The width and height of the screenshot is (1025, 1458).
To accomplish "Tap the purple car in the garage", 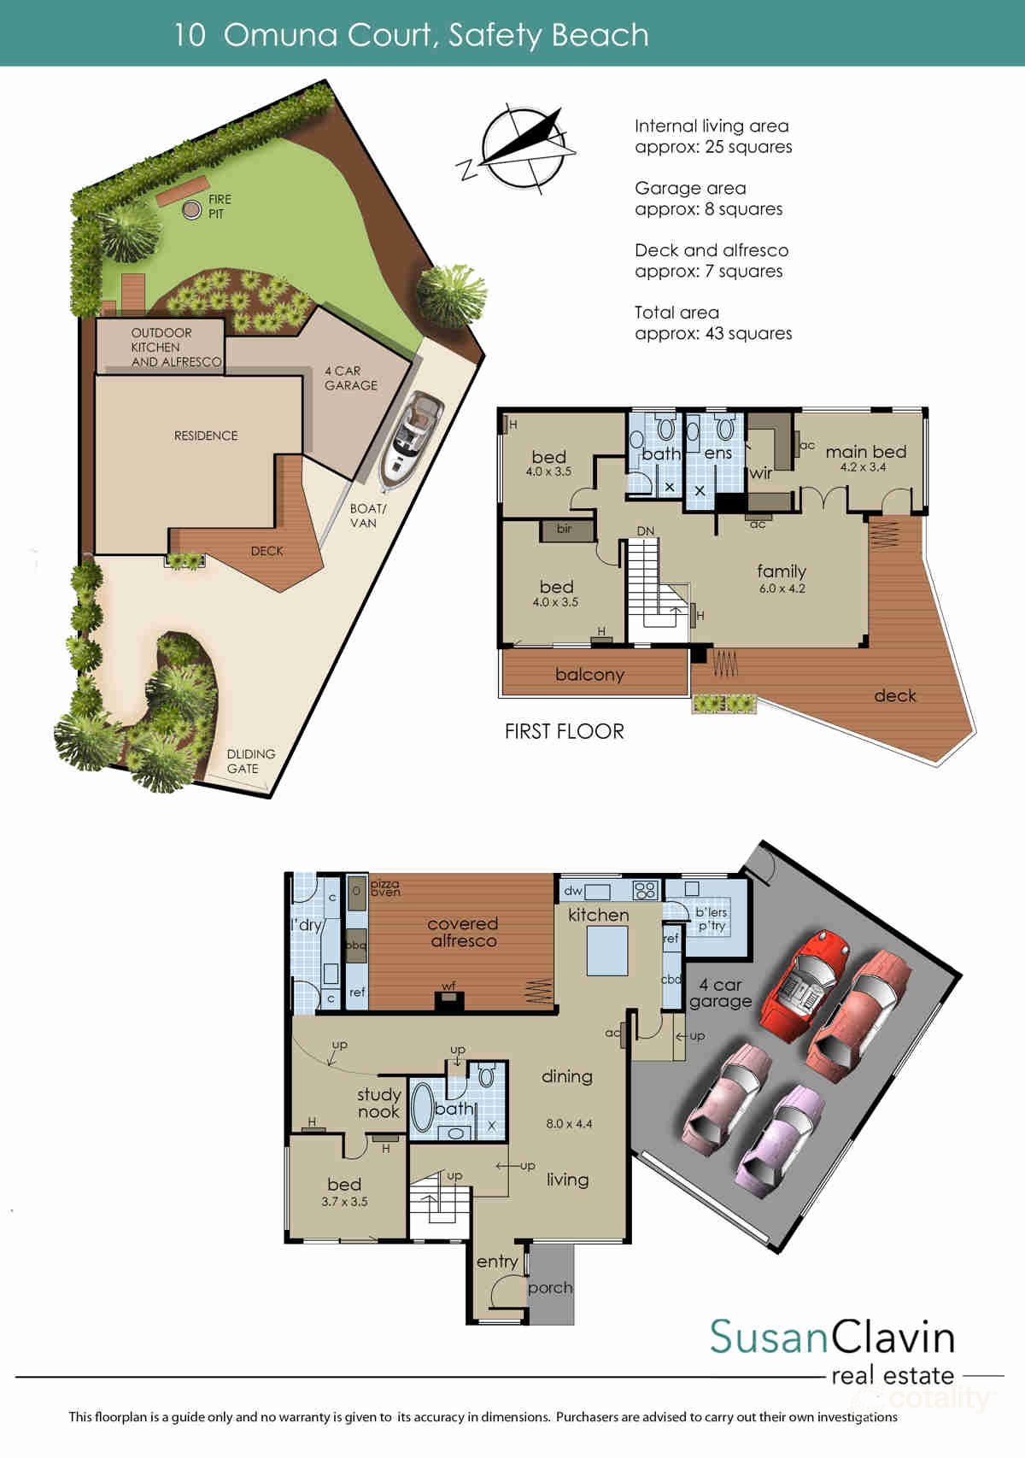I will coord(780,1139).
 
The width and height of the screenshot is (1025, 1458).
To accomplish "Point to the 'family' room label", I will coord(781,571).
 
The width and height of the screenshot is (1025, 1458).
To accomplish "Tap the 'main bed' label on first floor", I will coord(865,452).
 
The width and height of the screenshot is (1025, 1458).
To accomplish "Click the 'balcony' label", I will coord(589,675).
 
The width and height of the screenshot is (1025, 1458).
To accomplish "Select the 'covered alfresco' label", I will coord(462,932).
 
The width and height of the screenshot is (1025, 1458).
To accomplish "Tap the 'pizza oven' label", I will coord(384,887).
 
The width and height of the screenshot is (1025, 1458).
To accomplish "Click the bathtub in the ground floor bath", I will coord(423,1107).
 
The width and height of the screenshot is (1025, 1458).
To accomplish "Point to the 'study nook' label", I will coord(378,1103).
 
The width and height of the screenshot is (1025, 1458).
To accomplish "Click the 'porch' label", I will coord(550,1287).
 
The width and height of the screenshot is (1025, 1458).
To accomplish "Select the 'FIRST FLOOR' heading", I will coord(564,731).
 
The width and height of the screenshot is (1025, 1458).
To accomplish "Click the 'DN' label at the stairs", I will coord(646,531).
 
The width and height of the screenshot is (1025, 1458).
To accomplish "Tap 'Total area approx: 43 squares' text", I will coord(712,323).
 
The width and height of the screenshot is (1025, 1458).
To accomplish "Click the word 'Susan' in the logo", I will coord(769,1336).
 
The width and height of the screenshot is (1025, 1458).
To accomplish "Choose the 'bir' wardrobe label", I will coord(564,529).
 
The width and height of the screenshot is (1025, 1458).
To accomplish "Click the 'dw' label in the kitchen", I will coord(573,891).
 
